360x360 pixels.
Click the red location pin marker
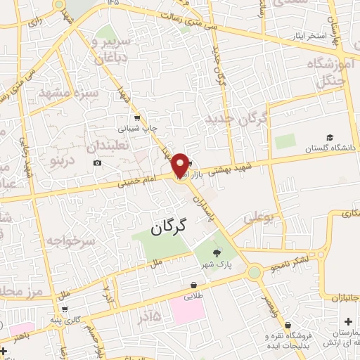point(181,165)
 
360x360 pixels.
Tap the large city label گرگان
point(170,226)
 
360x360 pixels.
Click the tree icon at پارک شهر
point(215,255)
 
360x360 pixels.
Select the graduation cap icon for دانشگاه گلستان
point(330,137)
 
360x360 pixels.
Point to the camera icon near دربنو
point(97,163)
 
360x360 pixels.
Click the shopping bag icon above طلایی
point(193,285)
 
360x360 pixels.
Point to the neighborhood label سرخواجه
point(70,240)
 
